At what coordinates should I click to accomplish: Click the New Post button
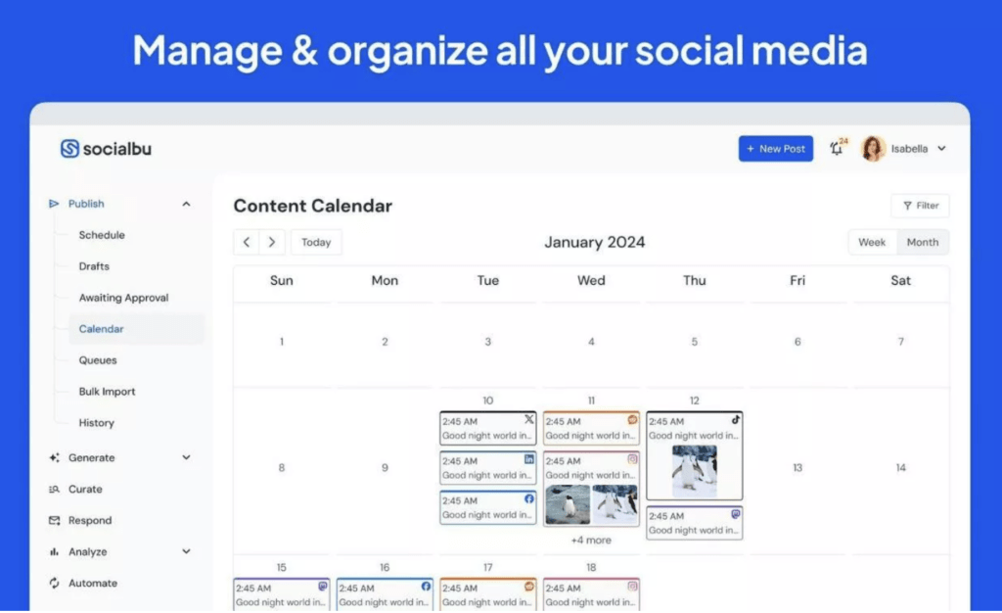coord(775,149)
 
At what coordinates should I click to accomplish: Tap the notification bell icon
coord(836,149)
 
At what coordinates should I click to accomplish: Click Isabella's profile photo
coord(873,149)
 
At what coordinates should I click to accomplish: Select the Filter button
coord(920,206)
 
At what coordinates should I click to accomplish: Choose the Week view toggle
coord(872,243)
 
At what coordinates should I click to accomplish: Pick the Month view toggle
coord(923,243)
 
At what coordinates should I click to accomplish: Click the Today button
coord(316,243)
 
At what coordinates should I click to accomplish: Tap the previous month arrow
coord(247,243)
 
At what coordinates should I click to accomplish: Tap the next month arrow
coord(272,243)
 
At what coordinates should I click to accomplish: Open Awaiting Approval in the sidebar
coord(123,298)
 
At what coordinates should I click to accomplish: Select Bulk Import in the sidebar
coord(107,392)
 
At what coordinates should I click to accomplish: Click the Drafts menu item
coord(94,266)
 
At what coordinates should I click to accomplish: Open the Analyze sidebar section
coord(88,552)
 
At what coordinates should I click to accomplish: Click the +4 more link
coord(591,540)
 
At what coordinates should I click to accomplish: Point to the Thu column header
coord(694,281)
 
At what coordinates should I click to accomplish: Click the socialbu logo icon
coord(69,149)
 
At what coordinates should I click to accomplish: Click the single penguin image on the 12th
coord(694,472)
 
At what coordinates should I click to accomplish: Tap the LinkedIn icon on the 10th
coord(529,459)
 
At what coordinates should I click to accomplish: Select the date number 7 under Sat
coord(900,342)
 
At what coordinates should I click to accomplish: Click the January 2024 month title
coord(595,243)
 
